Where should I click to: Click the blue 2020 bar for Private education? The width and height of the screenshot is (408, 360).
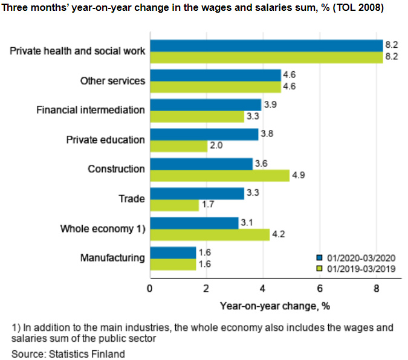click(204, 135)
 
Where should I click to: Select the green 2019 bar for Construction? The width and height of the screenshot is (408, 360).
click(219, 175)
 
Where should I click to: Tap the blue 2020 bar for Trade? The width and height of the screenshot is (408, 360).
click(196, 194)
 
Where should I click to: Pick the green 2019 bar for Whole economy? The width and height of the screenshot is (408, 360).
click(209, 234)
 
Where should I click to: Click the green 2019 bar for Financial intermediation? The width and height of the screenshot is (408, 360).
click(196, 116)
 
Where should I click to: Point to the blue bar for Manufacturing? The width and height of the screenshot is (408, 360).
click(173, 252)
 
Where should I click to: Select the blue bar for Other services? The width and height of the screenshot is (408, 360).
click(215, 75)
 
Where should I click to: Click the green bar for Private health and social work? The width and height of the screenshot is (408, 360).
click(266, 57)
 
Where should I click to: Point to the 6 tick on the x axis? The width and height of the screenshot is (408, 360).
click(319, 288)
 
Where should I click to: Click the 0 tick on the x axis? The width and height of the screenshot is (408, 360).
click(150, 288)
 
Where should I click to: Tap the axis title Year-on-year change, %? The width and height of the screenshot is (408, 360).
click(274, 305)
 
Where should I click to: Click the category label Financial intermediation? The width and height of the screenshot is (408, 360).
click(91, 110)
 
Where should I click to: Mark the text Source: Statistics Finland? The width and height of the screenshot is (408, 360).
click(68, 354)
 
